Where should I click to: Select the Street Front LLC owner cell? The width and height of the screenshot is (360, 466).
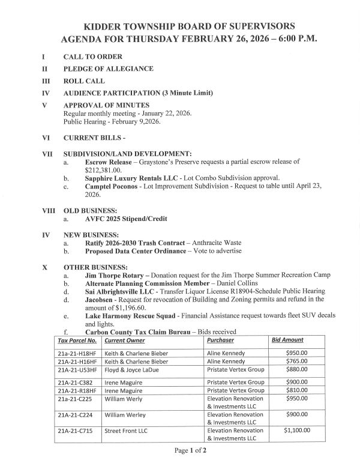click(125, 431)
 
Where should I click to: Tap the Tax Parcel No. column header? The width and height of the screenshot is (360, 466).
click(77, 340)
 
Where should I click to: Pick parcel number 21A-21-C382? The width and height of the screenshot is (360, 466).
click(75, 382)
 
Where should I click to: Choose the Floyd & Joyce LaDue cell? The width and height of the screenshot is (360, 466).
click(131, 370)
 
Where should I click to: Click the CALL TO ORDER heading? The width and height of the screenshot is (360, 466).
click(92, 56)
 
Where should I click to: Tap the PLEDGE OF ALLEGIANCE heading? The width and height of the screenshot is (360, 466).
click(108, 69)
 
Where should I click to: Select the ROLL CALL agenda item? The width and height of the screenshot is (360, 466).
click(84, 81)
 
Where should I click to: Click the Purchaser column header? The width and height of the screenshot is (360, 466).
click(221, 340)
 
